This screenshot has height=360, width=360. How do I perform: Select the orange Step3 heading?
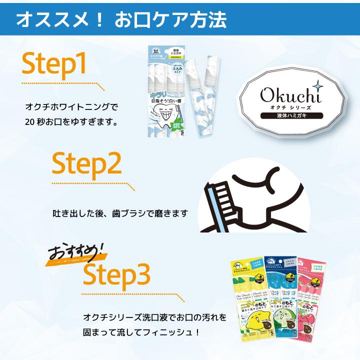pyautogui.click(x=116, y=272)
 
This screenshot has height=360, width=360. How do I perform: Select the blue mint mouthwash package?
pyautogui.click(x=282, y=300)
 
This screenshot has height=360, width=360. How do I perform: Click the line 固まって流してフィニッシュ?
pyautogui.click(x=141, y=332)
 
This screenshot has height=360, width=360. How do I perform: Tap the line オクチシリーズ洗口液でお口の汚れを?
pyautogui.click(x=155, y=317)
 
